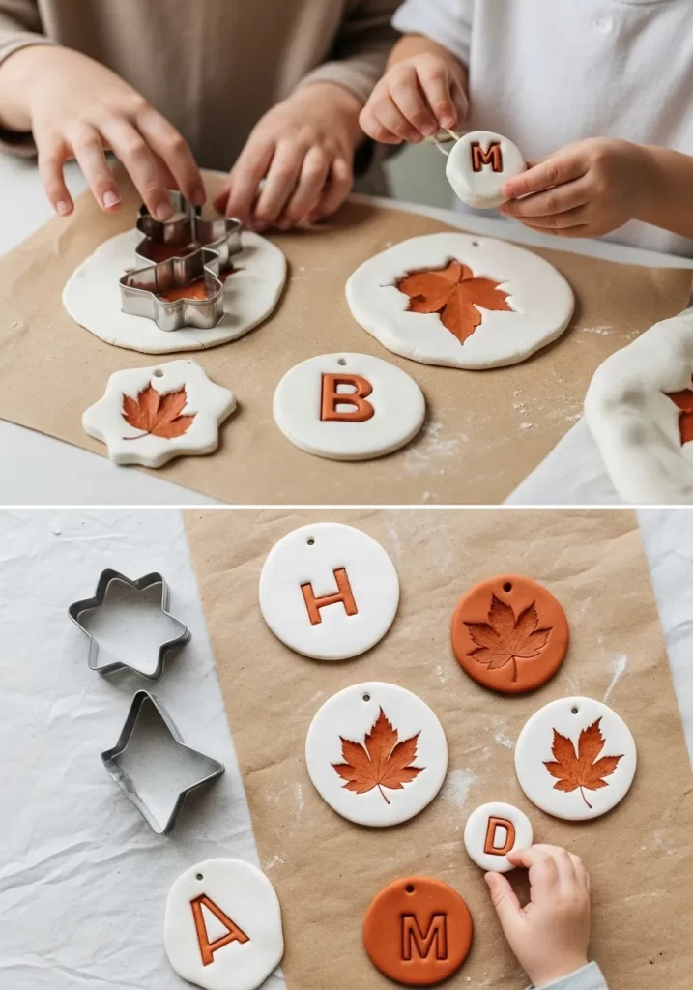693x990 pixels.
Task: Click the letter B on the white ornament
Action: [347, 397]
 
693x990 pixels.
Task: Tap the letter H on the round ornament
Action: [329, 596]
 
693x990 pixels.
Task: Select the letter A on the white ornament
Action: [218, 928]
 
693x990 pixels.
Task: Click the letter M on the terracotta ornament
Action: [423, 936]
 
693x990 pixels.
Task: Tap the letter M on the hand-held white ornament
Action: [486, 157]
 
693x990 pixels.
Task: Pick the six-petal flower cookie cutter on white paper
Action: [129, 623]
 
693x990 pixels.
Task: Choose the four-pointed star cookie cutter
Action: [160, 760]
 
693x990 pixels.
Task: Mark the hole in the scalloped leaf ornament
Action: [159, 372]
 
